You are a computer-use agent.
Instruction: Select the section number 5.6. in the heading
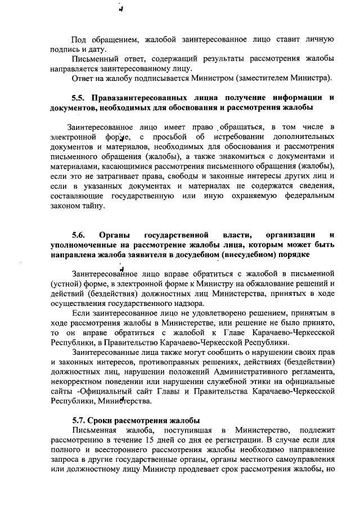(78, 235)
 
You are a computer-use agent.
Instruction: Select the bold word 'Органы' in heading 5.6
(115, 235)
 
